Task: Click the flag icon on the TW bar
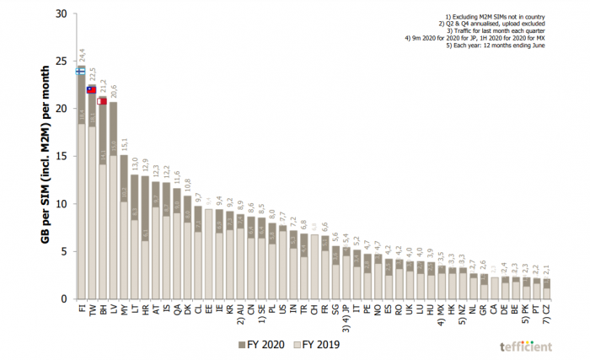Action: point(91,89)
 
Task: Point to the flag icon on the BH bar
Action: point(102,101)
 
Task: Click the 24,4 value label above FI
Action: point(81,56)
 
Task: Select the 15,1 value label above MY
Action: point(124,142)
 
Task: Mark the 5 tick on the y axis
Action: point(62,251)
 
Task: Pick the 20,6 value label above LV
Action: point(113,91)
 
